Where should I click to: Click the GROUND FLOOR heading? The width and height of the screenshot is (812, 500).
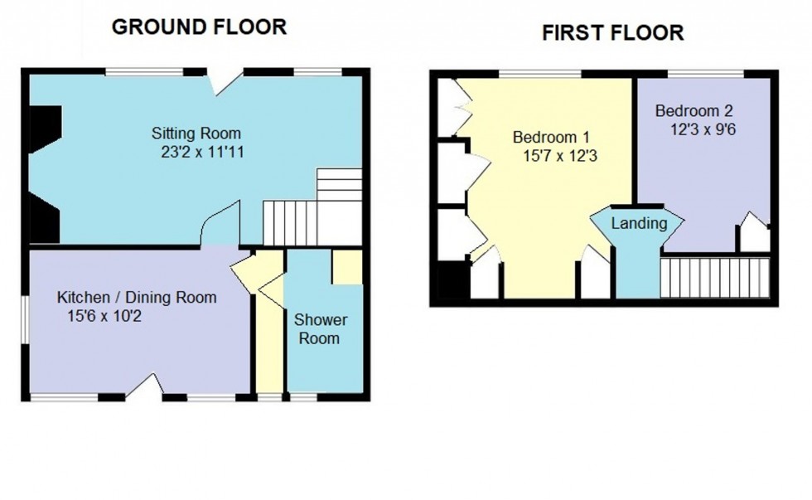(199, 27)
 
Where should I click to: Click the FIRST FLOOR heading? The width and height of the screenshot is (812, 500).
(612, 32)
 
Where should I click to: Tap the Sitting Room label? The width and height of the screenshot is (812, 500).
(196, 133)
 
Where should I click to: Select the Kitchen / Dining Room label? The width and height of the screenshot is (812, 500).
(137, 298)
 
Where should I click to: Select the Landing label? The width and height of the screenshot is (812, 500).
(639, 223)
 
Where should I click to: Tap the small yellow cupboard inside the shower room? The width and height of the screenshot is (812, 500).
(346, 267)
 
